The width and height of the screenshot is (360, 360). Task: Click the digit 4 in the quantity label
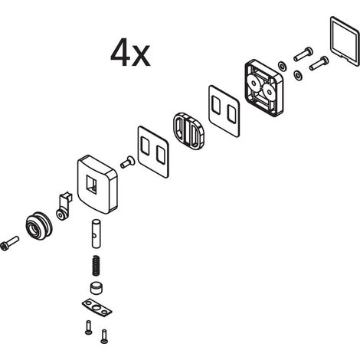pyautogui.click(x=120, y=52)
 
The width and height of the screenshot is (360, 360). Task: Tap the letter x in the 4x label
pyautogui.click(x=141, y=56)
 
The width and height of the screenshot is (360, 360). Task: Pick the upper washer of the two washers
pyautogui.click(x=282, y=66)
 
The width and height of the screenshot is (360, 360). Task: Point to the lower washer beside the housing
pyautogui.click(x=298, y=75)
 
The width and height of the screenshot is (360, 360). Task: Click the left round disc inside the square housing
pyautogui.click(x=254, y=83)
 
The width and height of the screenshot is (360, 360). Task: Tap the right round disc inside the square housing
pyautogui.click(x=268, y=92)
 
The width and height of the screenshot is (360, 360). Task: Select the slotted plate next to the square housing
pyautogui.click(x=224, y=111)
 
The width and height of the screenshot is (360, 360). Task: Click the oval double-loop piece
pyautogui.click(x=188, y=130)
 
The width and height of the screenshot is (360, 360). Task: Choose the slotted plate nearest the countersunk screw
pyautogui.click(x=153, y=152)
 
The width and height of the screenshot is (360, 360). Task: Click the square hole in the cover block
pyautogui.click(x=92, y=185)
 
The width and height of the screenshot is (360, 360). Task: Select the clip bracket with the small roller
pyautogui.click(x=64, y=206)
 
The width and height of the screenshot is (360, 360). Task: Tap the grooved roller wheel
pyautogui.click(x=39, y=225)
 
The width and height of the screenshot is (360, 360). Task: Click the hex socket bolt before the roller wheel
pyautogui.click(x=9, y=244)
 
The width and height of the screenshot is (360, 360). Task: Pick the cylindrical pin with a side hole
pyautogui.click(x=96, y=234)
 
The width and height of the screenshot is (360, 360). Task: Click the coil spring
pyautogui.click(x=96, y=266)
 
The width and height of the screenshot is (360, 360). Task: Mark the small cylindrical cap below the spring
pyautogui.click(x=97, y=287)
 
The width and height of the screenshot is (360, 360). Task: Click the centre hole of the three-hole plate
pyautogui.click(x=97, y=308)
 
